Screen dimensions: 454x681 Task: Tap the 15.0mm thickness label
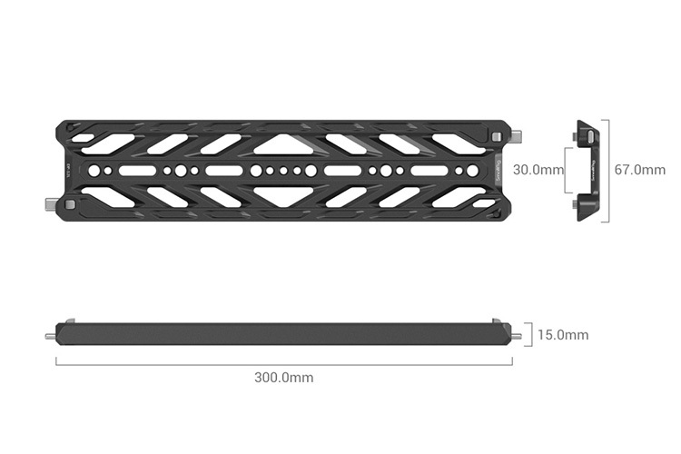coord(563,335)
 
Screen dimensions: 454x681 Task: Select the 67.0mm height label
coord(639,170)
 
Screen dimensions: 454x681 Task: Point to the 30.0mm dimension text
coord(538,170)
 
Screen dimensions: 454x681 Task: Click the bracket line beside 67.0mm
coord(607,170)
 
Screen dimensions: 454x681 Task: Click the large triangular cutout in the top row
coord(284,143)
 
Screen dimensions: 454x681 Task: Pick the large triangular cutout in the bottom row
coord(284,197)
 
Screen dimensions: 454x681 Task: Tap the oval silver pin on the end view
coord(586,137)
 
